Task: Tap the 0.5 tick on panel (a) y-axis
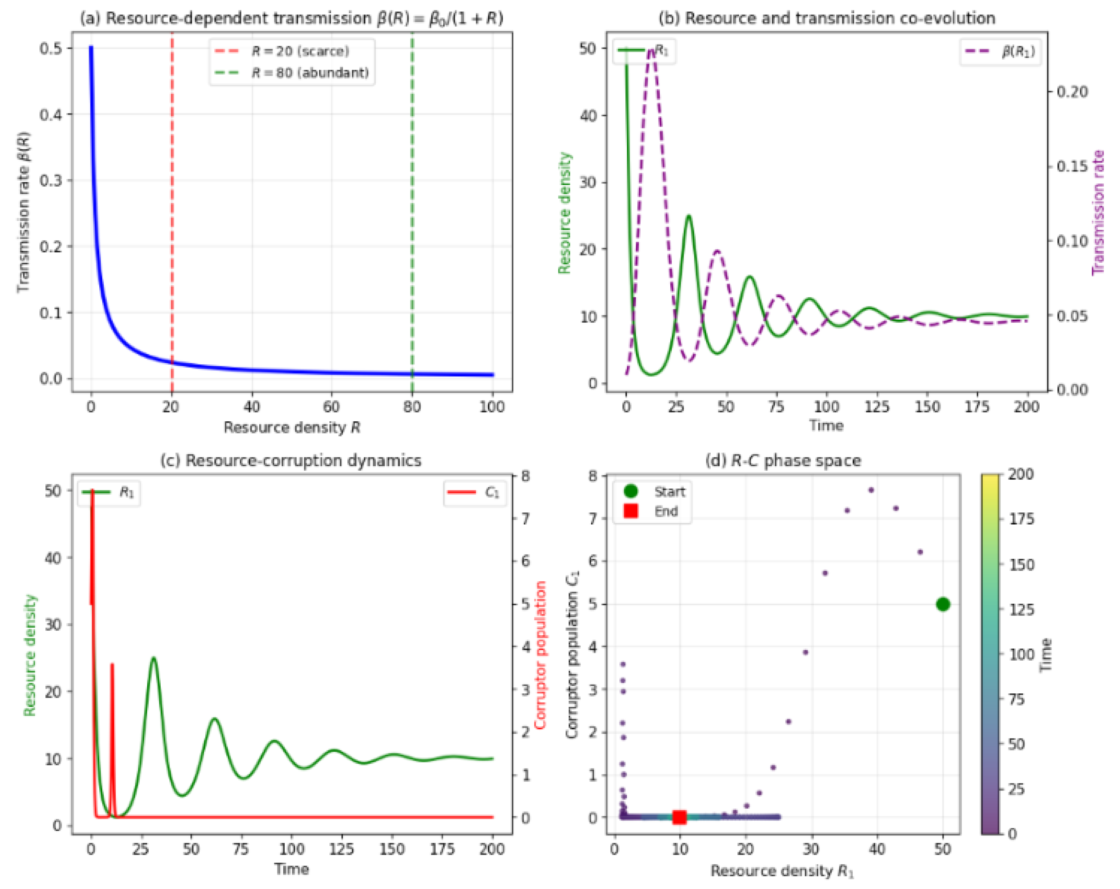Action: coord(50,48)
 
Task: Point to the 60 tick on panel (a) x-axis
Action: coord(331,407)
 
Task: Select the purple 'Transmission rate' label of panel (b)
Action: coord(1098,213)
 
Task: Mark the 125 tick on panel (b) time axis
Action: coord(877,407)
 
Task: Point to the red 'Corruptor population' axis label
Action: coord(540,655)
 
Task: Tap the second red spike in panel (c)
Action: coord(112,665)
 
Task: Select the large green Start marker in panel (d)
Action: coord(943,604)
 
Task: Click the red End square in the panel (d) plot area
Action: coord(679,817)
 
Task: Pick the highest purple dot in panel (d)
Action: coord(871,490)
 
